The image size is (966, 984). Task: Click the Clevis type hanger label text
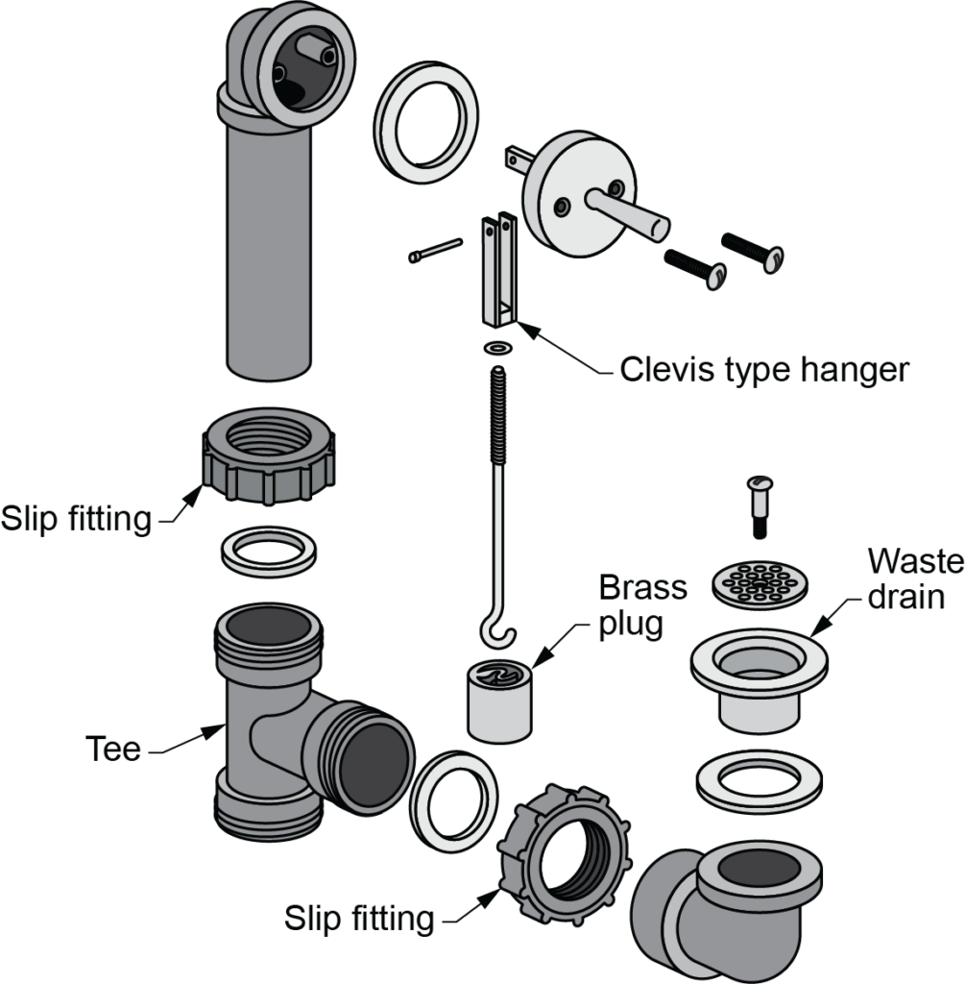click(763, 369)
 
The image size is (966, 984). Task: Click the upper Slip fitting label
click(76, 519)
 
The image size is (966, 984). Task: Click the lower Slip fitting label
click(358, 919)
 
